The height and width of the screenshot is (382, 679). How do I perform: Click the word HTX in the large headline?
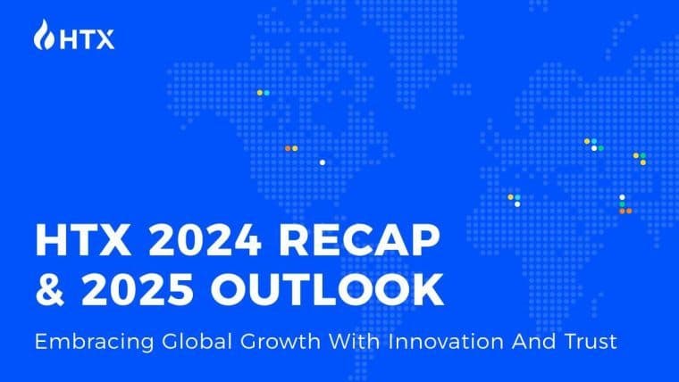click(x=74, y=242)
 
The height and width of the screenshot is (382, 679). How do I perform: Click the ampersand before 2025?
click(x=47, y=291)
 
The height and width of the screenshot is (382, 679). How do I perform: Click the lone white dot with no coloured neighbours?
click(x=322, y=162)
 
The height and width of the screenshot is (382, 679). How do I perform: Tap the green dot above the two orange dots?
click(x=622, y=203)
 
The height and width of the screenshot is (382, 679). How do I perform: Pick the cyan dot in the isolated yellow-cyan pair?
click(x=266, y=93)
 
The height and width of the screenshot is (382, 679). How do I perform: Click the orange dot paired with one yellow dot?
click(x=288, y=148)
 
